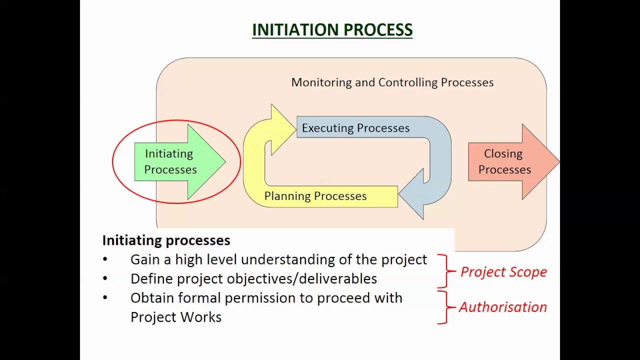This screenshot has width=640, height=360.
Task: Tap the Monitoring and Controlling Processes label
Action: (392, 82)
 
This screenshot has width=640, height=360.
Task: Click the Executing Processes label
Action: (355, 128)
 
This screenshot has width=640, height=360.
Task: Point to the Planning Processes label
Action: (315, 196)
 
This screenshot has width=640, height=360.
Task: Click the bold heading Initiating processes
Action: (166, 240)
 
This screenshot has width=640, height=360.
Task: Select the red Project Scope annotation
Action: (503, 272)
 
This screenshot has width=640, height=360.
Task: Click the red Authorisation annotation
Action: (502, 307)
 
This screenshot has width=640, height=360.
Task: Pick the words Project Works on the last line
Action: (175, 317)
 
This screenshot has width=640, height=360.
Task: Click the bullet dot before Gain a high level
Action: (105, 259)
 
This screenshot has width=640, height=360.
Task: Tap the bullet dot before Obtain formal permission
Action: (105, 298)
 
